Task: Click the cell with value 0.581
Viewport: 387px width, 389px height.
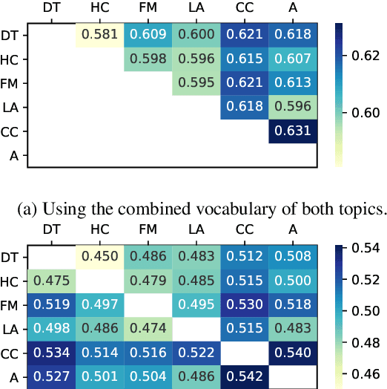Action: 99,34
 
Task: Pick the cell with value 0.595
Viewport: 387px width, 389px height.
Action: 196,83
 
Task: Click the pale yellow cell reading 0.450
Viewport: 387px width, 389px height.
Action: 99,256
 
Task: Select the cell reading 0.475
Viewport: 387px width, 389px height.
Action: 50,281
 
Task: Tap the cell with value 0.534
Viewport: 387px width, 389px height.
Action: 50,353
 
